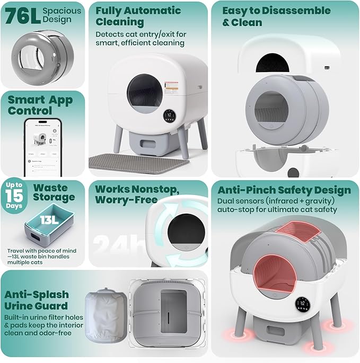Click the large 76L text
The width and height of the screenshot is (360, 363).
(21, 15)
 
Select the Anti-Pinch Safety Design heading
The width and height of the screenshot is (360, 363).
(284, 190)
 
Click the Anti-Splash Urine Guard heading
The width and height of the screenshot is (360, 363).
(37, 299)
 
